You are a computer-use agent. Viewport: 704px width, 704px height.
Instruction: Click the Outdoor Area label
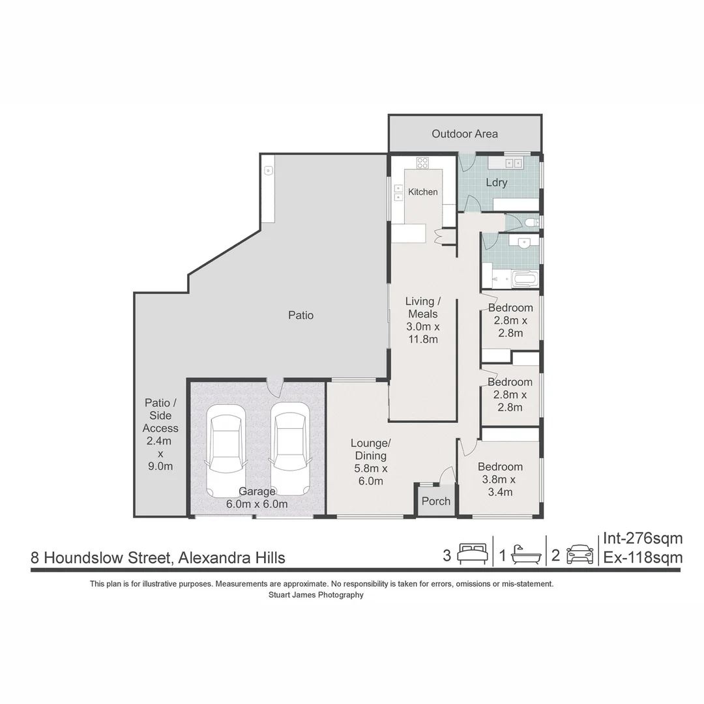(464, 134)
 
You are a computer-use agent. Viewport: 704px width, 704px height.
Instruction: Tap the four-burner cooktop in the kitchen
(422, 163)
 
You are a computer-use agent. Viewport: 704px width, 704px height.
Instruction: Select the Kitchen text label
(423, 192)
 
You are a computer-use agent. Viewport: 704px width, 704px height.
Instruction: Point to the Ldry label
(497, 183)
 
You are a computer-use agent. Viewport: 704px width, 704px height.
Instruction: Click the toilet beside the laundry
(531, 223)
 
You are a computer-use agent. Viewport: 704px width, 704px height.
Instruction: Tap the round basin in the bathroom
(523, 243)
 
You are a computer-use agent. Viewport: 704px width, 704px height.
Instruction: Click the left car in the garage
(226, 449)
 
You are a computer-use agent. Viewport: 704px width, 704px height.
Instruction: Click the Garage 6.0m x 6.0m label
(257, 497)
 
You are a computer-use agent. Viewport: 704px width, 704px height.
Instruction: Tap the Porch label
(436, 501)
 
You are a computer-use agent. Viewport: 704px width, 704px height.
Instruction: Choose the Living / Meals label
(423, 320)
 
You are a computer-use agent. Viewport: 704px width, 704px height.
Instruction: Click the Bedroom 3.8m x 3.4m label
(500, 479)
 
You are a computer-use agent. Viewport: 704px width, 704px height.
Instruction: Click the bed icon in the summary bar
(472, 555)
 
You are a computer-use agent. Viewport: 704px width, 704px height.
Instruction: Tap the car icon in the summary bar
(579, 555)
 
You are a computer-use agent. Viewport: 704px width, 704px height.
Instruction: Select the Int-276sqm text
(643, 538)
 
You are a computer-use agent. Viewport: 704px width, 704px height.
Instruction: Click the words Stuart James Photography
(316, 595)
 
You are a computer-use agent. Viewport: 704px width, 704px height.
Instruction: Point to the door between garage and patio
(276, 387)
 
